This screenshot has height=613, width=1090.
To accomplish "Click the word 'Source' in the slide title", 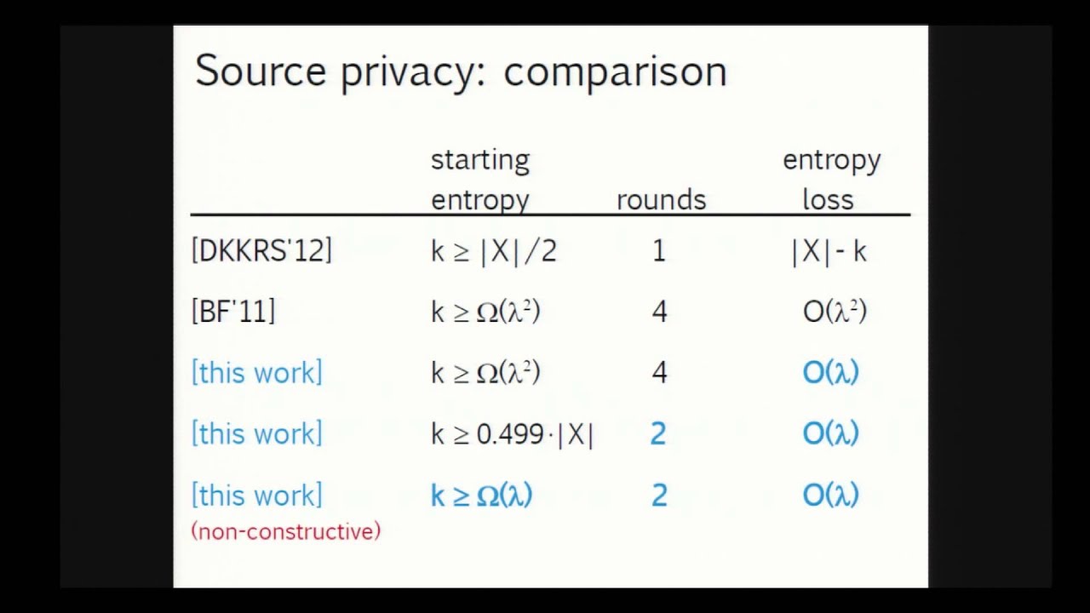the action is [x=261, y=71].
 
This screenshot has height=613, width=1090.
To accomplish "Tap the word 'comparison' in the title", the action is [x=615, y=73].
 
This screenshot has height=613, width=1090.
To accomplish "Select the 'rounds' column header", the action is [x=662, y=199].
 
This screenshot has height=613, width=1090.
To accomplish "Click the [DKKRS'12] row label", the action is [x=261, y=250].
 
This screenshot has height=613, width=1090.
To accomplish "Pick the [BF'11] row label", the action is [x=233, y=311].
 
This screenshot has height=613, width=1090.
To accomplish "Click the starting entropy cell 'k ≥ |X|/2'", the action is [x=493, y=251].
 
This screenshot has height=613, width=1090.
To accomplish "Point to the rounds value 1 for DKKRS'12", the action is [x=659, y=251].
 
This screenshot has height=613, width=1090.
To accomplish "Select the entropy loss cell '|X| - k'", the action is [x=829, y=252].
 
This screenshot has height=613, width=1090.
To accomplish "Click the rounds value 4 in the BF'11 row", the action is [x=659, y=312].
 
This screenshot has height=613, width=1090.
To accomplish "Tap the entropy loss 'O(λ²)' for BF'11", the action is [x=835, y=312].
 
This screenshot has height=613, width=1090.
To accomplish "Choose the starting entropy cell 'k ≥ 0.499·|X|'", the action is [x=513, y=434].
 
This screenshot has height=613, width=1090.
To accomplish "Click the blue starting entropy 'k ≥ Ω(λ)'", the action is [x=482, y=496].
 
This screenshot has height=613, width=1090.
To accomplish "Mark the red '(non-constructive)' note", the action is [x=285, y=530].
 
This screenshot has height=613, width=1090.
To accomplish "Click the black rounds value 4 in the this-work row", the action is [x=659, y=373].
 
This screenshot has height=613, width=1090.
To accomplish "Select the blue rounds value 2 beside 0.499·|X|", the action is [x=658, y=433].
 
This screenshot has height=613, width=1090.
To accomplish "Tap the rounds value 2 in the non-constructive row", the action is [x=659, y=496].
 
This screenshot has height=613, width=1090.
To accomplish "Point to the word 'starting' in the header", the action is [x=480, y=160].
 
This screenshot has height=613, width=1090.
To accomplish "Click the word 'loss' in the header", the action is [x=829, y=199].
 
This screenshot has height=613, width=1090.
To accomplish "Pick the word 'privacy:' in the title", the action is [x=414, y=73].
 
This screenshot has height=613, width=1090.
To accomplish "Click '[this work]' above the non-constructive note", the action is [x=257, y=496].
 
